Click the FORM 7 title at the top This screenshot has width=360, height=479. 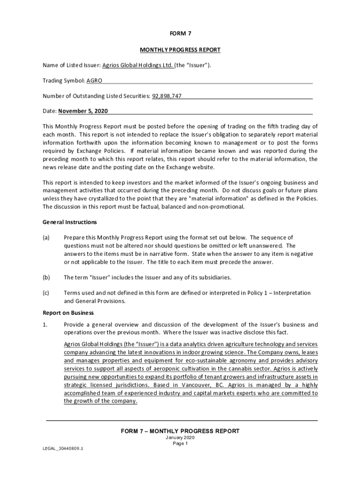coord(180,34)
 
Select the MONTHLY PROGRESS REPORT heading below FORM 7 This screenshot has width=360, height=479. coord(180,50)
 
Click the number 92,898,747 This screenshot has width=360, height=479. coord(166,96)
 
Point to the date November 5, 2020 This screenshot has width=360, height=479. coord(83,111)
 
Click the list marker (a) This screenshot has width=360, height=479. coord(46,238)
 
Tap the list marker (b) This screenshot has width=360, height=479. coord(46,277)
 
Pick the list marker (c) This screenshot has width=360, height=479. coord(46,293)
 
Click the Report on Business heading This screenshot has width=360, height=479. coord(62,312)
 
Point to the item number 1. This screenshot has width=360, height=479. coord(45,325)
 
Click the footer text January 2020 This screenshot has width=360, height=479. coord(180,438)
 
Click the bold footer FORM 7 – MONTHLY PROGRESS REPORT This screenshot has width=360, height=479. coord(180,431)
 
